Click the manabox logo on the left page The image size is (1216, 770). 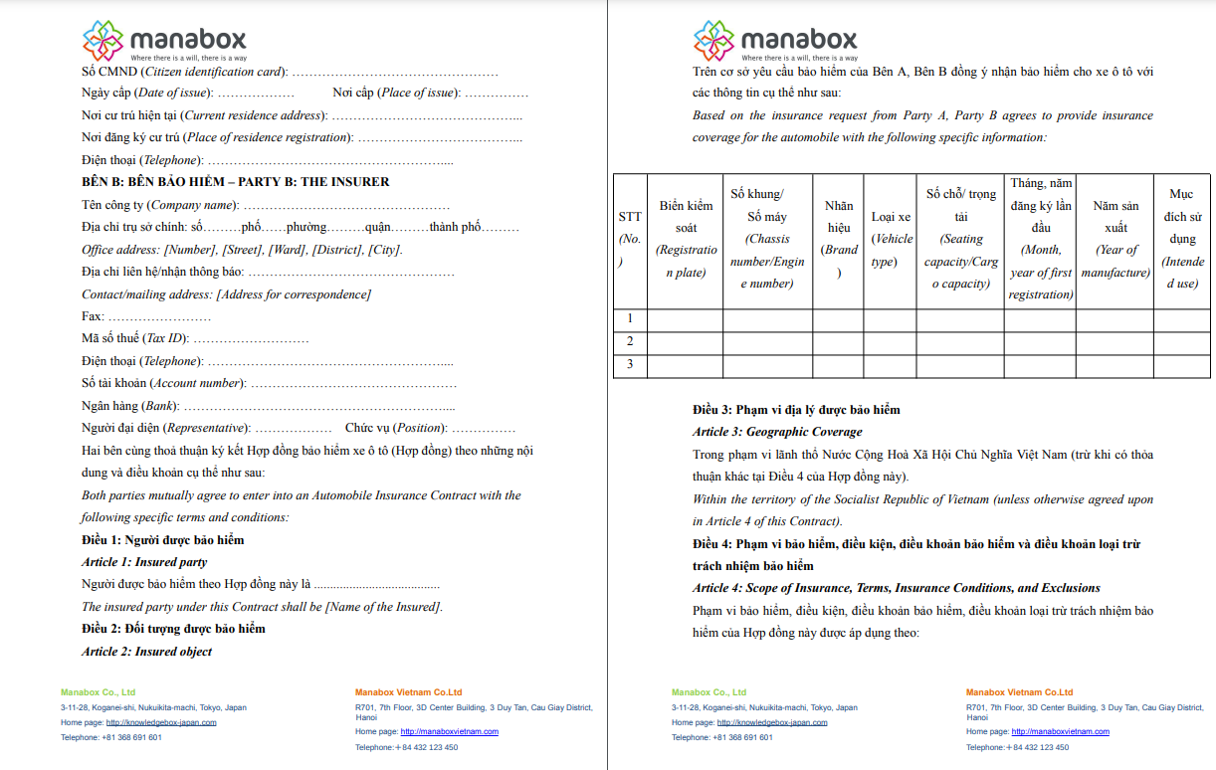tap(164, 41)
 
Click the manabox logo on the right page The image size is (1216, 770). tap(775, 41)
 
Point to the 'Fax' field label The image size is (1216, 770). tap(93, 316)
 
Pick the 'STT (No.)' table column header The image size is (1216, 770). tap(630, 240)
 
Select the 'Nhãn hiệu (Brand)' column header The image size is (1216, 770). tap(839, 240)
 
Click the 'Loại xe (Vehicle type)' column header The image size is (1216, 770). tap(891, 240)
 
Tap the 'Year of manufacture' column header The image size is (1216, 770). tap(1115, 240)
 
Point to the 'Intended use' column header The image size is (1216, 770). tap(1181, 240)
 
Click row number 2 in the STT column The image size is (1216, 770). tap(630, 342)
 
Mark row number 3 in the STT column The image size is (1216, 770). tap(630, 365)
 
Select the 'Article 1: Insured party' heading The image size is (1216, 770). tap(144, 562)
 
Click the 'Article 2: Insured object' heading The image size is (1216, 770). tap(147, 652)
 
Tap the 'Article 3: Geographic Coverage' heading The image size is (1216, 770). tap(777, 432)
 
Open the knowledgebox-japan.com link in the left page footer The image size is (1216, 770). tap(160, 722)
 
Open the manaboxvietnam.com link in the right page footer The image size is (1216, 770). tap(1060, 731)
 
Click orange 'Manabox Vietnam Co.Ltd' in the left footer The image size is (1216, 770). tap(408, 692)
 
